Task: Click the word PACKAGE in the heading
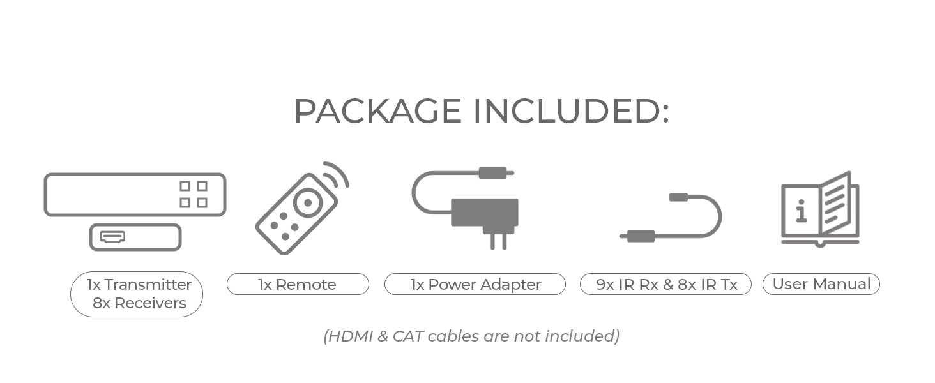coord(377,112)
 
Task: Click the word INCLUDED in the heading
coord(570,112)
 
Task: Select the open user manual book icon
coord(821,209)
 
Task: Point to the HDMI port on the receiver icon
coord(112,237)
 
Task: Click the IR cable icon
coord(671,217)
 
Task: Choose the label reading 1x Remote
coord(298,284)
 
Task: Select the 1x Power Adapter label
coord(475,284)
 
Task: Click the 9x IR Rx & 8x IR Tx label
coord(666,284)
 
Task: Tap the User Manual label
coord(821,283)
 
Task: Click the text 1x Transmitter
coord(139,284)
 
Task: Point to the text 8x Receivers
coord(139,303)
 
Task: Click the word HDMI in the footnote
coord(349,336)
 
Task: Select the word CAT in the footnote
coord(408,336)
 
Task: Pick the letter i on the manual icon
coord(802,211)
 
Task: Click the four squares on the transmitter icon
coord(193,195)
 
